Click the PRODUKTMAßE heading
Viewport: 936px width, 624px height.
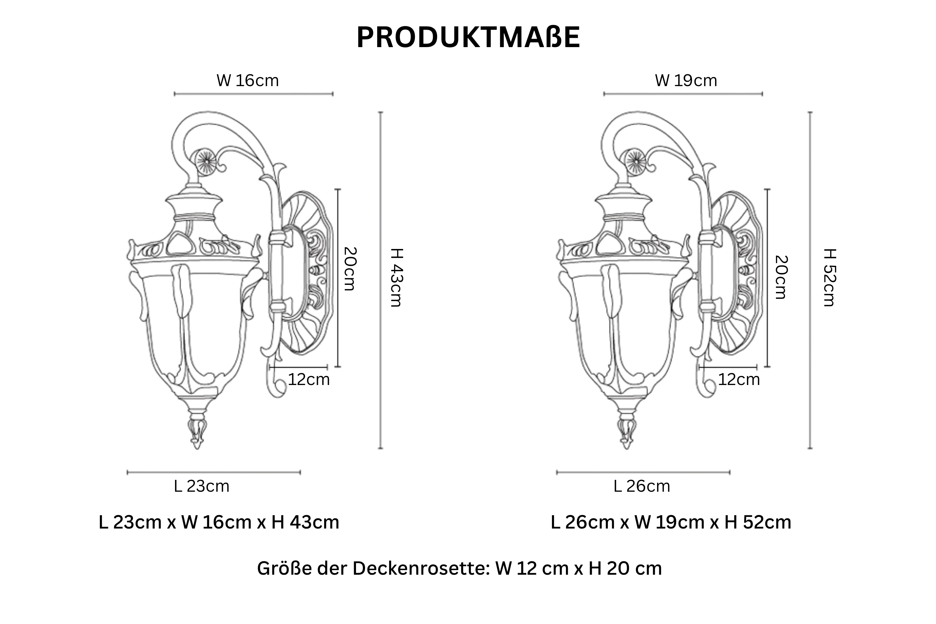(468, 38)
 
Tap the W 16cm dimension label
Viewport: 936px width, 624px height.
(247, 81)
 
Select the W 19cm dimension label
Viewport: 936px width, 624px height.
(686, 81)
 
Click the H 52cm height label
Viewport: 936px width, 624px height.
(830, 277)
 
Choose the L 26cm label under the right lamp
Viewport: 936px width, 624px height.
(642, 486)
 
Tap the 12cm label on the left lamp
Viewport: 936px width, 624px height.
(309, 380)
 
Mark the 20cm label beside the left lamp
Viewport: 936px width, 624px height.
(350, 269)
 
